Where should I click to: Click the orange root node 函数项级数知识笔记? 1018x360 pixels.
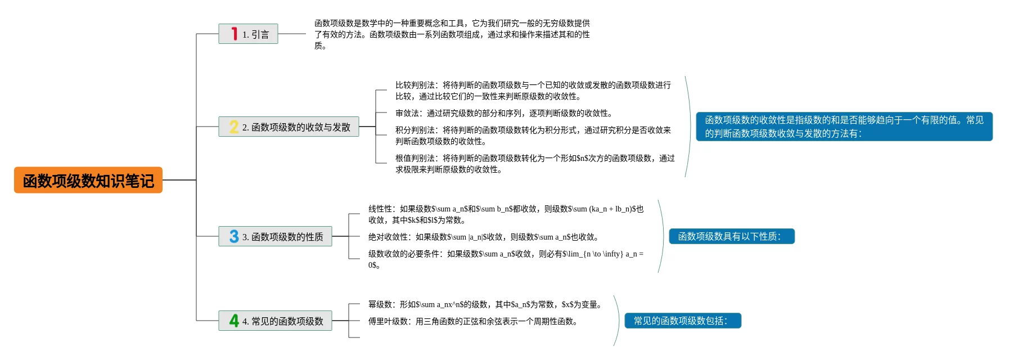[88, 180]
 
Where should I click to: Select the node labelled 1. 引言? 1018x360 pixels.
[248, 34]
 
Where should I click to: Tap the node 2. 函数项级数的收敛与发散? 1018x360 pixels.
[289, 127]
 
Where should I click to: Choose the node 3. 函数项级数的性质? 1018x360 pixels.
[275, 236]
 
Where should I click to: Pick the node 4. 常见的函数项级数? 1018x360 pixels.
[275, 321]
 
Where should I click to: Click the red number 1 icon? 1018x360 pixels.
[235, 34]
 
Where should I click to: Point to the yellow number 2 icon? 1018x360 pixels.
[234, 127]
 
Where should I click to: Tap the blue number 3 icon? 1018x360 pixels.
[234, 236]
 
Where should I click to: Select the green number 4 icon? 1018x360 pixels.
[234, 321]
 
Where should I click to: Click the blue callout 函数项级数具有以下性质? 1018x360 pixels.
[732, 236]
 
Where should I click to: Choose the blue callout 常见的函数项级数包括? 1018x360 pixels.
[683, 321]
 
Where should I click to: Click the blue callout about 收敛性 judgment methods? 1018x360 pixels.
[844, 127]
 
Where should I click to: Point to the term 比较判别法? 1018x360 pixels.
[415, 85]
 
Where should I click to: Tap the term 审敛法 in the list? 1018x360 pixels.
[407, 113]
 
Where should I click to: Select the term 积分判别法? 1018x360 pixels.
[415, 130]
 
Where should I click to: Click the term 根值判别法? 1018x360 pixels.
[415, 158]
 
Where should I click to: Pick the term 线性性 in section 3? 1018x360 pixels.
[380, 209]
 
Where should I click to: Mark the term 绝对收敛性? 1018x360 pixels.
[388, 237]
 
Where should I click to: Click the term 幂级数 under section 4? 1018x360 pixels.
[380, 304]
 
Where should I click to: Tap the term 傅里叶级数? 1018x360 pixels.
[388, 321]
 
